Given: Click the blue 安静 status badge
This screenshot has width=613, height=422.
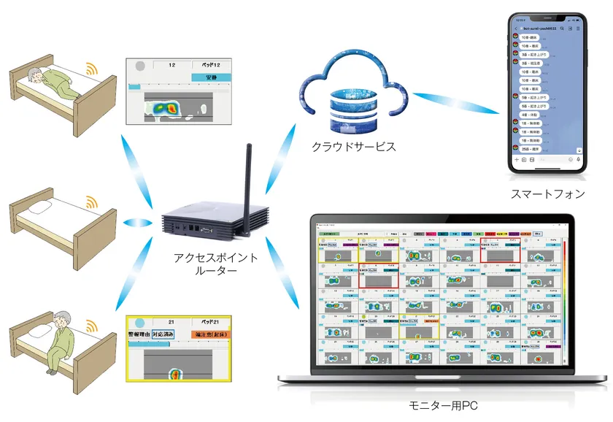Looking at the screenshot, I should coord(211,77).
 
